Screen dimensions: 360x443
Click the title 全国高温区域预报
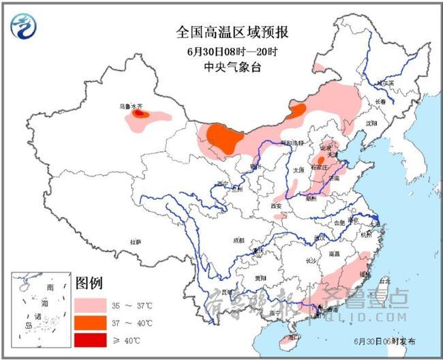(222, 33)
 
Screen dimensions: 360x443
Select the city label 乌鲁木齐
(129, 106)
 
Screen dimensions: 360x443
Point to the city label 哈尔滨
(386, 82)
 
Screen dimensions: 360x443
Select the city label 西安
(275, 205)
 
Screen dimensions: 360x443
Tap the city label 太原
(298, 169)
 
